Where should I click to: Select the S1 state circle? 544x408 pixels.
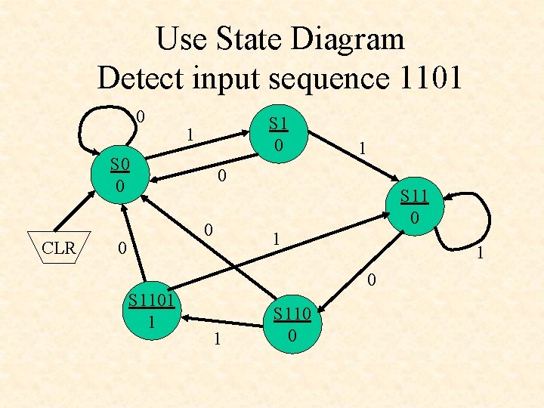[279, 132]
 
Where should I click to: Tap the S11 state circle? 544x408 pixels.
[415, 206]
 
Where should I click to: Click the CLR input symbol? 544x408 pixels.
[58, 247]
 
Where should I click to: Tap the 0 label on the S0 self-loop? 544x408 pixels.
[141, 117]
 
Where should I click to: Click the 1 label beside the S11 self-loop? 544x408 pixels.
[477, 255]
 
